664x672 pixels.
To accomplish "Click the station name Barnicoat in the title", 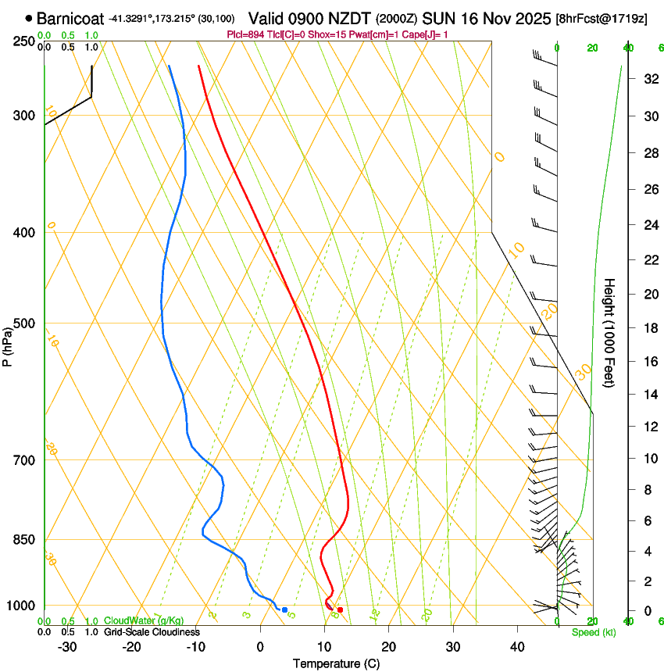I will (x=70, y=18).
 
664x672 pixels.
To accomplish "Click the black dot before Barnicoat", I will (x=29, y=18).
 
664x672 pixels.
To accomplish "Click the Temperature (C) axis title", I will (x=336, y=663).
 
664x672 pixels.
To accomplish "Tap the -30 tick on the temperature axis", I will (x=67, y=647).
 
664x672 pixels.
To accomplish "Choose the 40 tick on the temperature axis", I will (x=516, y=647).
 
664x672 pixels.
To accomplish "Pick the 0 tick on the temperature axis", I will (x=260, y=647).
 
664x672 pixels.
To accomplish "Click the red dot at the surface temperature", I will (x=340, y=609).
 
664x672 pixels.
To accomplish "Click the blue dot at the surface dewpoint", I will (x=285, y=609).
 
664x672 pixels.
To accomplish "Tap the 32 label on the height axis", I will (x=628, y=79).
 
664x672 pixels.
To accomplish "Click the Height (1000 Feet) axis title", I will (x=609, y=332).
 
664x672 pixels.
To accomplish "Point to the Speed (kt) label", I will (x=594, y=632).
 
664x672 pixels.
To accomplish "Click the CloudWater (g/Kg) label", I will (x=133, y=621).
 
